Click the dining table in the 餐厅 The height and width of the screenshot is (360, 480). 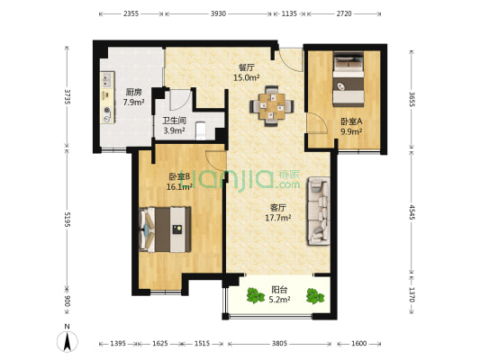272,106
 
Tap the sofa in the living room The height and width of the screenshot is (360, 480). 319,211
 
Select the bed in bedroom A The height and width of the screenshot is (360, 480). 349,79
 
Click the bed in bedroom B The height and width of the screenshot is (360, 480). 165,229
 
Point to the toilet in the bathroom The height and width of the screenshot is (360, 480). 201,130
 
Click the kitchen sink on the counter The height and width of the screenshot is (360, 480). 107,79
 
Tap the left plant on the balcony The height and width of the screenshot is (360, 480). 255,295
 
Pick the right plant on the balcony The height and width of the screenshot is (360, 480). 315,296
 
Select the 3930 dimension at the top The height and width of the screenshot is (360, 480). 218,13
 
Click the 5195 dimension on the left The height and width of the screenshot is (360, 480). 67,220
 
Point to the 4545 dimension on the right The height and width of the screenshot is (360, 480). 412,212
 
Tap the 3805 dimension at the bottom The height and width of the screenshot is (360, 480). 279,344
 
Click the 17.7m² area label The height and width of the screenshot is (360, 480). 277,218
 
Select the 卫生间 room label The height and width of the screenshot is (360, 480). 174,121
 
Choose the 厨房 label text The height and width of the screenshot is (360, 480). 133,92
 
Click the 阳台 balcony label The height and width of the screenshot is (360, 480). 279,289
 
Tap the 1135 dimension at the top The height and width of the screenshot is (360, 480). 289,13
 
